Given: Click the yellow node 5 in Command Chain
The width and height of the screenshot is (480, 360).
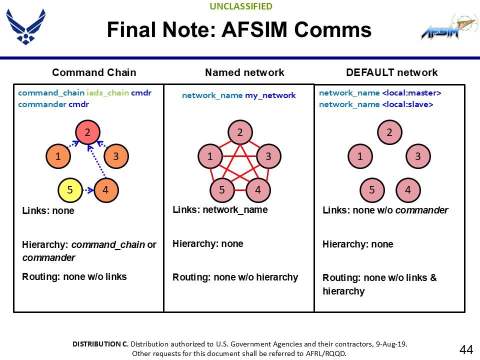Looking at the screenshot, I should (x=70, y=190).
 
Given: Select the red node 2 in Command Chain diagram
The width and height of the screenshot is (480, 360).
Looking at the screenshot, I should (x=87, y=132).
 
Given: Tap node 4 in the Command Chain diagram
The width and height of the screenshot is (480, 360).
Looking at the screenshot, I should (x=105, y=190).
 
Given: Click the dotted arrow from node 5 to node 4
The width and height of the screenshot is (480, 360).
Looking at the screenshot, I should (x=88, y=190).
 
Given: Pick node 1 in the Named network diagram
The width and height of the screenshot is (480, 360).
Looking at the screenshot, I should (x=210, y=156).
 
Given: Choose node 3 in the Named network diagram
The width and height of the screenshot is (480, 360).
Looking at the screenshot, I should (x=268, y=156).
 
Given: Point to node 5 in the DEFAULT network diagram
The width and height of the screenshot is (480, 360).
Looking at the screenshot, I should (x=372, y=190).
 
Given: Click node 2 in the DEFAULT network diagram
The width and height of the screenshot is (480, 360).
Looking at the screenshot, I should (x=389, y=132).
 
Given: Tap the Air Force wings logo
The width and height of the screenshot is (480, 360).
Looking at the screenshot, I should (x=25, y=26).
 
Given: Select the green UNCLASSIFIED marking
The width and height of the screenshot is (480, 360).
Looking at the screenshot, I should (x=241, y=6).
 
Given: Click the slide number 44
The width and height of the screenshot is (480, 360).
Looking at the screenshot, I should (x=466, y=349).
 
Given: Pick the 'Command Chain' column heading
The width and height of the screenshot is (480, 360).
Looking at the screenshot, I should (x=94, y=72).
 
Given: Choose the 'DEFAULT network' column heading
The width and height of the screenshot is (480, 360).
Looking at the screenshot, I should (x=391, y=72).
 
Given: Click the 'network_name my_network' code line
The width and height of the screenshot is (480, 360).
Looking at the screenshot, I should (x=238, y=95).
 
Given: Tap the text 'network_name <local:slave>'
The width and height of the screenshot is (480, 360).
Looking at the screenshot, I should (x=375, y=104).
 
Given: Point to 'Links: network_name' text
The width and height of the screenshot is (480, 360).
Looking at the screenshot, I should (x=220, y=210).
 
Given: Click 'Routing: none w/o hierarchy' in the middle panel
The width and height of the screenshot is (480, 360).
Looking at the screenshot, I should (x=235, y=277).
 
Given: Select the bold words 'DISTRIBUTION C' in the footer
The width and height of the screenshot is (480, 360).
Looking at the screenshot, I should (x=100, y=344).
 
